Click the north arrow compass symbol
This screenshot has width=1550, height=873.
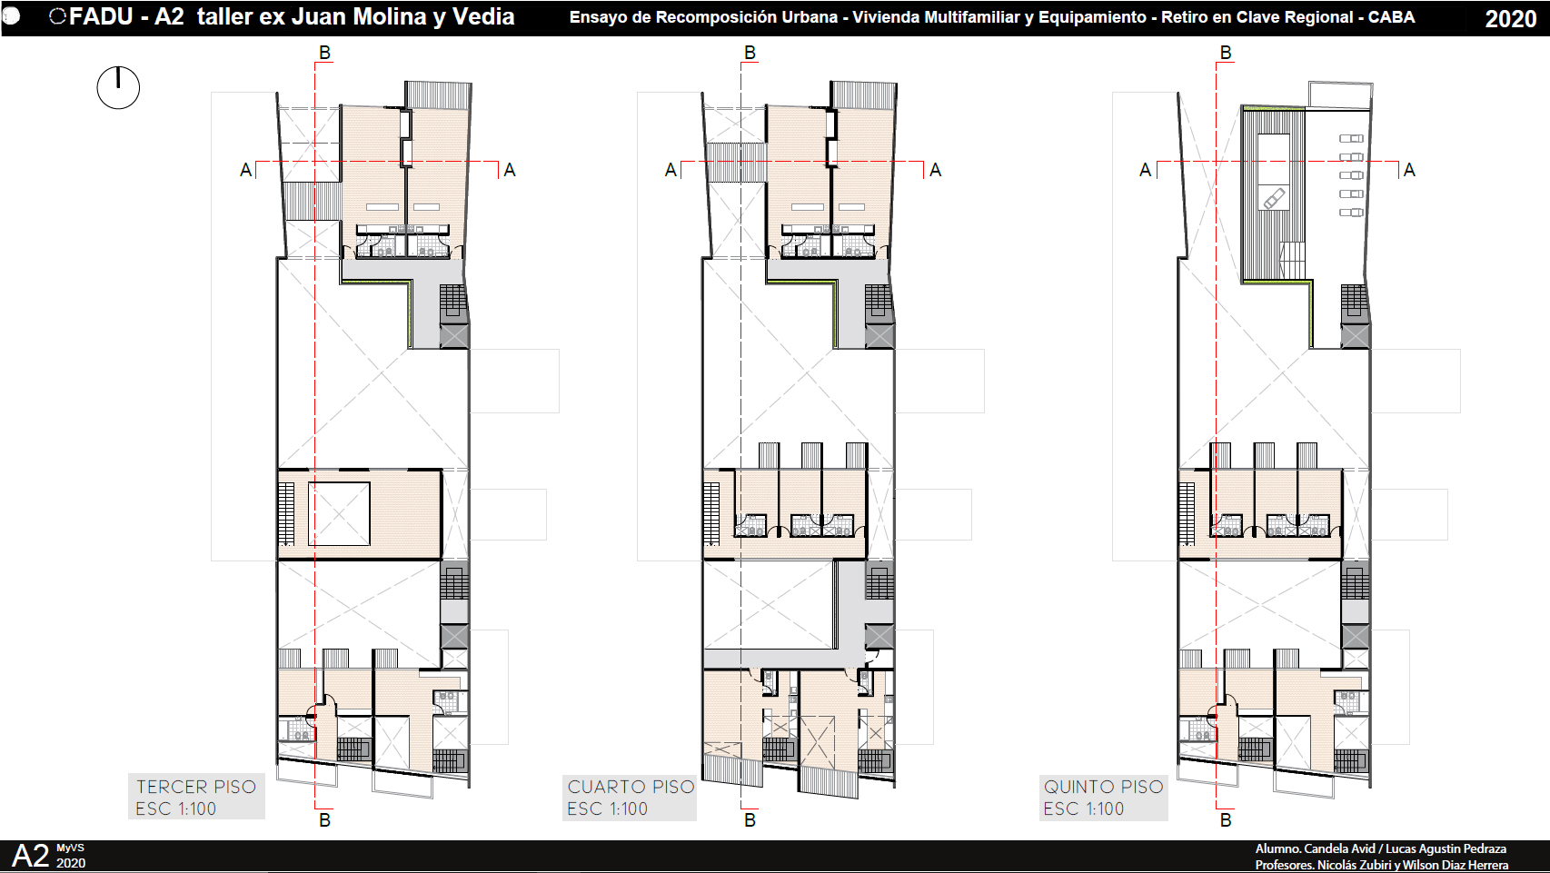tap(118, 87)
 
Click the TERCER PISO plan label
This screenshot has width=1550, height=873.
tap(196, 788)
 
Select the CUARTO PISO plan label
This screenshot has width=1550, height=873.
tap(631, 788)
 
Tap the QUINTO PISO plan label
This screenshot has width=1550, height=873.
tap(1103, 788)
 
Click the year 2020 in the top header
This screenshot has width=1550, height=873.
tap(1511, 19)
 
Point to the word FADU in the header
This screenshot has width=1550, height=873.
tap(101, 16)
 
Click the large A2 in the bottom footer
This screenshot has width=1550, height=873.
tap(31, 857)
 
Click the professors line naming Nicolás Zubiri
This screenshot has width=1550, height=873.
tap(1381, 865)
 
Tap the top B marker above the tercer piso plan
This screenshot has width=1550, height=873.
tap(324, 53)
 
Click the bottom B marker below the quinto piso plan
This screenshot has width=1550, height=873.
tap(1226, 820)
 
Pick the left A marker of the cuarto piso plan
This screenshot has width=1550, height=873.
tap(671, 170)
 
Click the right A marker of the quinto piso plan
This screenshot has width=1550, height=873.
tap(1409, 170)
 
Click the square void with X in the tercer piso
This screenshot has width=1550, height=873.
tap(338, 514)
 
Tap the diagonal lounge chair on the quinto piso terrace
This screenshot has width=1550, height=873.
tap(1275, 199)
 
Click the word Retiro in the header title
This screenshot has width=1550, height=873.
tap(1182, 17)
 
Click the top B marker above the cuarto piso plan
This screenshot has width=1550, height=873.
tap(750, 53)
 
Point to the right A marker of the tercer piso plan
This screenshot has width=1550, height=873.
tap(510, 170)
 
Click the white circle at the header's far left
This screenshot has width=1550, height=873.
tap(10, 16)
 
